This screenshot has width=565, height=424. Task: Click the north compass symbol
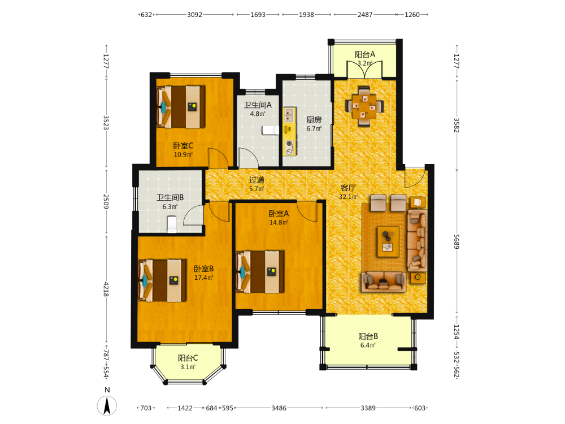pyautogui.click(x=107, y=405)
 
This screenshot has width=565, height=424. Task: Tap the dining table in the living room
pyautogui.click(x=364, y=106)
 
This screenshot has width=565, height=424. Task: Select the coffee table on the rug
pyautogui.click(x=388, y=241)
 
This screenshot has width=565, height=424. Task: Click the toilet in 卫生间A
pyautogui.click(x=270, y=130)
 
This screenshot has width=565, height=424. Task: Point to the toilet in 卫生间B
pyautogui.click(x=172, y=224)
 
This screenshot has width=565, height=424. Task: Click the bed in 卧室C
pyautogui.click(x=181, y=107)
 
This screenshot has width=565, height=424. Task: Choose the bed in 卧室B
pyautogui.click(x=162, y=280)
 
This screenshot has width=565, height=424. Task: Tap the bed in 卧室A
pyautogui.click(x=260, y=271)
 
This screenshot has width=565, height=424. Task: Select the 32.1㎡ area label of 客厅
pyautogui.click(x=348, y=197)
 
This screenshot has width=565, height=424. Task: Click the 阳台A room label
pyautogui.click(x=365, y=54)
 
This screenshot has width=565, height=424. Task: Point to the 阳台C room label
pyautogui.click(x=188, y=358)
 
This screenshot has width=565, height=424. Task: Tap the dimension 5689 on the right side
pyautogui.click(x=457, y=241)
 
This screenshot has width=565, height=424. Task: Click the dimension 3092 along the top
pyautogui.click(x=194, y=15)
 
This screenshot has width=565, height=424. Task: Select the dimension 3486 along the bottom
pyautogui.click(x=279, y=408)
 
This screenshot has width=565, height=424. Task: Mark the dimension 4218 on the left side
pyautogui.click(x=106, y=289)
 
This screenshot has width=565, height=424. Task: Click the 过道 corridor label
pyautogui.click(x=257, y=180)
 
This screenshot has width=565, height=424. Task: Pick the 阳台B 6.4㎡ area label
pyautogui.click(x=368, y=345)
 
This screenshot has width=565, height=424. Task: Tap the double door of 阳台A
pyautogui.click(x=364, y=70)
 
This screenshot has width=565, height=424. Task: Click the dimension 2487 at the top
pyautogui.click(x=365, y=15)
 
